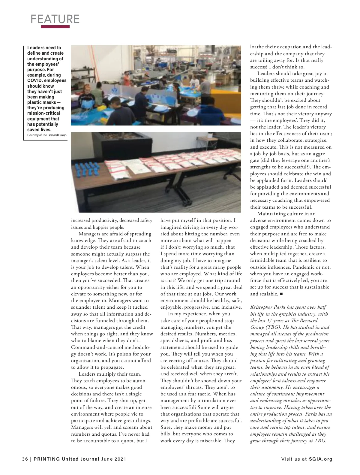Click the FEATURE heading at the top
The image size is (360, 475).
(x=55, y=19)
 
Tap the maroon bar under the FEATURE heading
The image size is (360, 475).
(x=55, y=27)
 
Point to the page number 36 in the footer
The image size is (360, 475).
(x=25, y=459)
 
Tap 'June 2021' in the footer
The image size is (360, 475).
(x=114, y=459)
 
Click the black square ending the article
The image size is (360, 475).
(x=281, y=294)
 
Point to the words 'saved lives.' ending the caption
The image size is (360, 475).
(x=39, y=130)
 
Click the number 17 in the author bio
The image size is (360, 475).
(x=265, y=321)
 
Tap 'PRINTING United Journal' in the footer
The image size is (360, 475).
(x=66, y=459)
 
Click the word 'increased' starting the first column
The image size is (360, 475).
(x=80, y=220)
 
